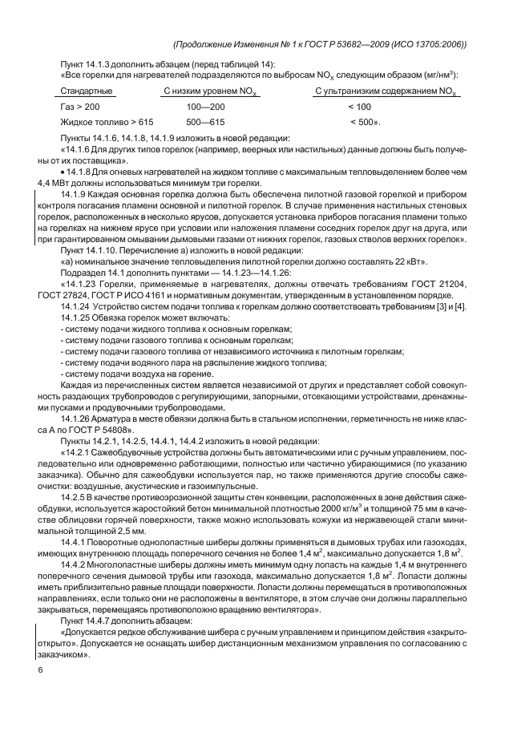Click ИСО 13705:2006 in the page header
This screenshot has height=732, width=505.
(x=424, y=44)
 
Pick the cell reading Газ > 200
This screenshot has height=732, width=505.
(x=80, y=107)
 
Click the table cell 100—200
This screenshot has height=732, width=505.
(x=205, y=107)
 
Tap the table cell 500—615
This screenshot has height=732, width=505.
(x=205, y=123)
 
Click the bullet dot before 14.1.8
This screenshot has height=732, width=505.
(x=64, y=172)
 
